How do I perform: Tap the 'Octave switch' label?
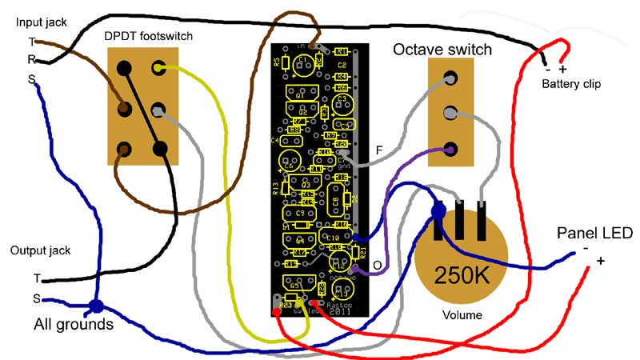(x=442, y=50)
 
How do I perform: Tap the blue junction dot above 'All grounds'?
(x=96, y=306)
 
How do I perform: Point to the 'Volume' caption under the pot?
(x=462, y=315)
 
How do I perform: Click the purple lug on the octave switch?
(x=450, y=149)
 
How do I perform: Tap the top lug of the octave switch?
(x=450, y=78)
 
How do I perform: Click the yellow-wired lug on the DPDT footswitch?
(x=159, y=69)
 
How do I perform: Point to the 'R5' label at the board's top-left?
(x=276, y=62)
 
